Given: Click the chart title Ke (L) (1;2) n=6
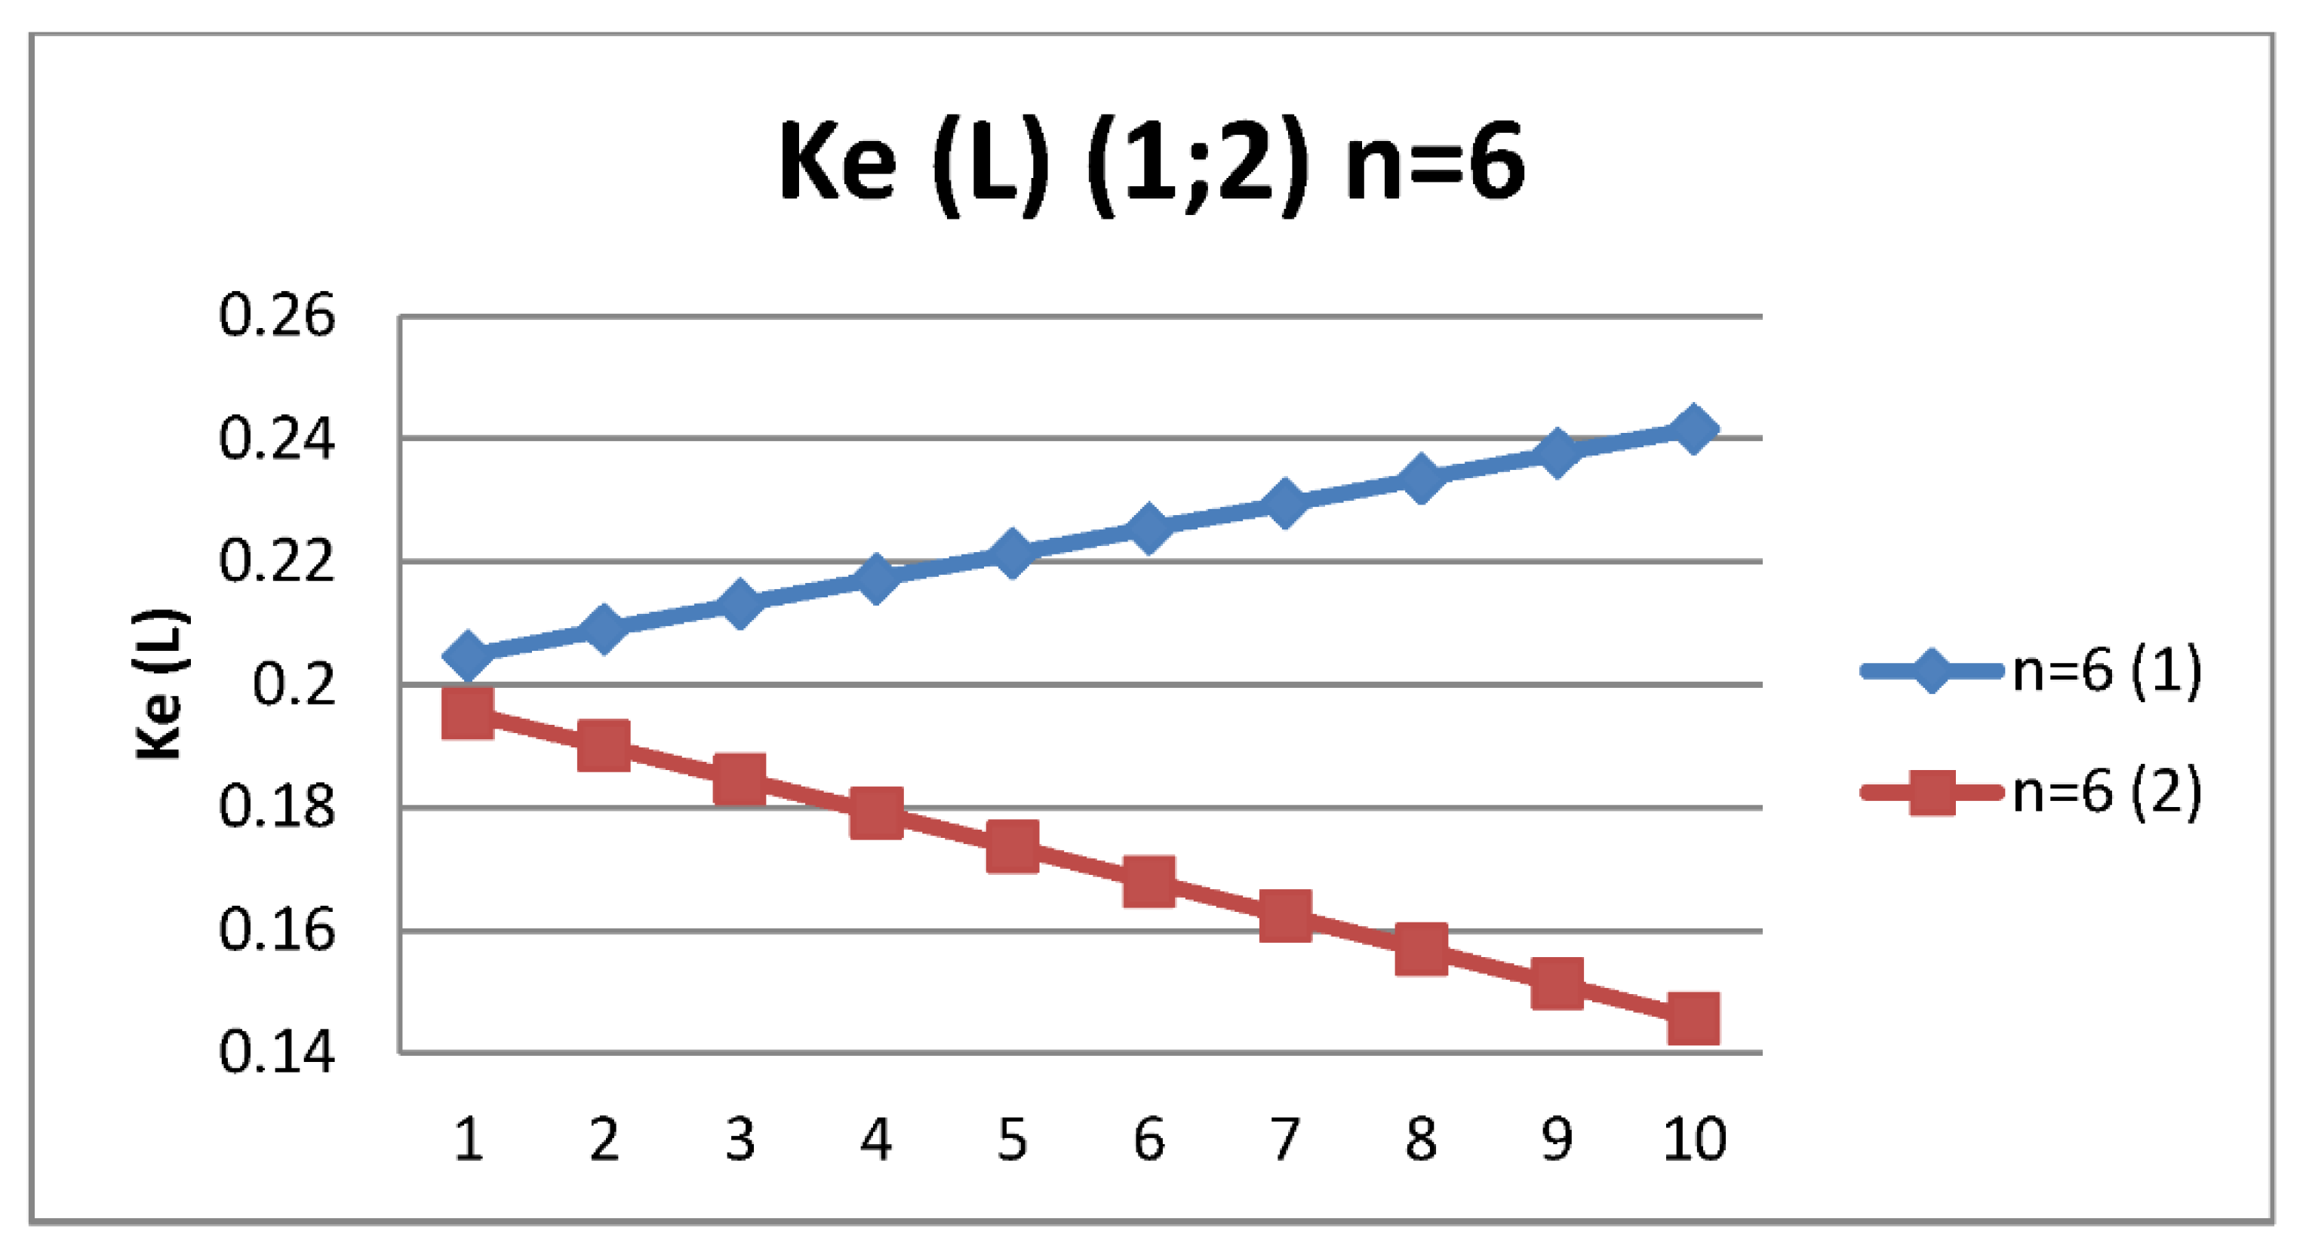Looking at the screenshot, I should [x=1152, y=165].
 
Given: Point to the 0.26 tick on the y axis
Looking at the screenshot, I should [x=277, y=316].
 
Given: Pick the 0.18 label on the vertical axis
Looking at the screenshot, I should [x=277, y=808].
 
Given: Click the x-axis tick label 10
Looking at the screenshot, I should [x=1694, y=1140].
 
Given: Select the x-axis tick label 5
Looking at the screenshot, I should [x=1012, y=1140].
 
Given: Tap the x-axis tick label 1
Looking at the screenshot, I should [x=468, y=1140].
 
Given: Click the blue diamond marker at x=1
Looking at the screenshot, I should [x=468, y=656].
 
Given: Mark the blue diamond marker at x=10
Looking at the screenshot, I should [x=1693, y=429].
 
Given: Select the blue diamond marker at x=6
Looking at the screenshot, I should [x=1148, y=527].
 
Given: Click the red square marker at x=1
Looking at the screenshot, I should [x=468, y=713].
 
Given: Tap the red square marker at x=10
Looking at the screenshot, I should [x=1693, y=1019].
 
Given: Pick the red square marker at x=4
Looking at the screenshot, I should [x=876, y=812].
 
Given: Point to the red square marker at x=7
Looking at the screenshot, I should [x=1286, y=915].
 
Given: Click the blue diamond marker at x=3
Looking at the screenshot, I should [x=740, y=603].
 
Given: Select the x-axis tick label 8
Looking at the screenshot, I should [x=1421, y=1140].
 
